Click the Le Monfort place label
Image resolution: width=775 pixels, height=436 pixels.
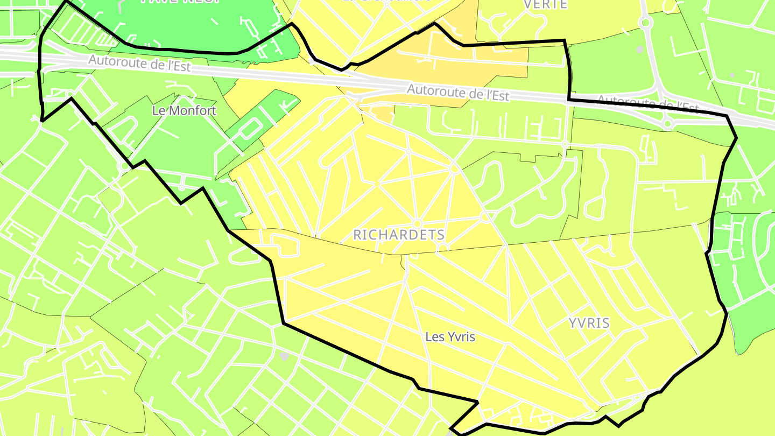click(x=184, y=111)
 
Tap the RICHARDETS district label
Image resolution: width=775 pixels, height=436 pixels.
click(x=399, y=235)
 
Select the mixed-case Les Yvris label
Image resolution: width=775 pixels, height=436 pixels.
click(x=450, y=337)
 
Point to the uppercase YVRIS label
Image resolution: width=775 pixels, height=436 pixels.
click(x=589, y=323)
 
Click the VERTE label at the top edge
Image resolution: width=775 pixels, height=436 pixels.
click(x=545, y=4)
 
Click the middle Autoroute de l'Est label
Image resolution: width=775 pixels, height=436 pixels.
click(x=458, y=93)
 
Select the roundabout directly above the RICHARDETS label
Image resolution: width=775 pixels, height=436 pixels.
click(x=417, y=223)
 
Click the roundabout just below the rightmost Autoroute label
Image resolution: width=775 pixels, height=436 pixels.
click(x=667, y=124)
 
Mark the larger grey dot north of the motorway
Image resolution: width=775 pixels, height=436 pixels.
click(x=640, y=50)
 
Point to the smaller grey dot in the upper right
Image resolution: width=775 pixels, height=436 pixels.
click(x=732, y=75)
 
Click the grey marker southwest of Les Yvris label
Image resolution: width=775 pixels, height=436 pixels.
click(x=284, y=356)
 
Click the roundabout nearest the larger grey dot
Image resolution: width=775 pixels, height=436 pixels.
click(x=645, y=23)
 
